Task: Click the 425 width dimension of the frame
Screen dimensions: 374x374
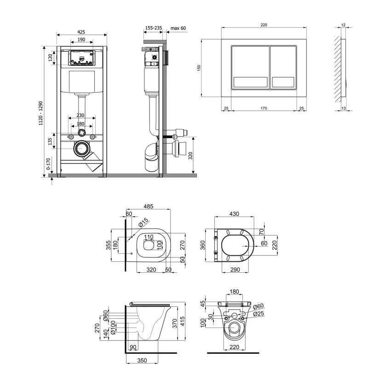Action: click(81, 32)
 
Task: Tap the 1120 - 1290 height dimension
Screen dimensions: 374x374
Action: click(41, 113)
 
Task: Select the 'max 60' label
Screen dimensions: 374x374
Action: click(178, 28)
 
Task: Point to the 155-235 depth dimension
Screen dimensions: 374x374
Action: click(154, 28)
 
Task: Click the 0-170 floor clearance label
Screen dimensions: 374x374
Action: click(48, 164)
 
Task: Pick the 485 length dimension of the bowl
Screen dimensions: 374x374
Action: click(149, 206)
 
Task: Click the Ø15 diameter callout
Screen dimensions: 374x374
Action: click(143, 222)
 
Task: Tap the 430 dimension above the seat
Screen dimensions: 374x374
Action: click(234, 214)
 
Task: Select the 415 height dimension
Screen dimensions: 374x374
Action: click(182, 322)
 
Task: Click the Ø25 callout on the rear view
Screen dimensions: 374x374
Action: click(259, 313)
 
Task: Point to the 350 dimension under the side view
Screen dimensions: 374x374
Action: click(142, 360)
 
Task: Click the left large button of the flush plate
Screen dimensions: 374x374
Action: click(250, 67)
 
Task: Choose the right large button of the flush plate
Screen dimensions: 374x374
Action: click(283, 67)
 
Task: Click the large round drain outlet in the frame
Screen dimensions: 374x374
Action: click(82, 149)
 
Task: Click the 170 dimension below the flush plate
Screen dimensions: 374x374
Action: click(264, 108)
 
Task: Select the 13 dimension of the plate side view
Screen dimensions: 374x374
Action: click(344, 108)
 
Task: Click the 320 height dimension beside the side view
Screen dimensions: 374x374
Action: click(190, 156)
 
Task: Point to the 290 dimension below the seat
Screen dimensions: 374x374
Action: click(235, 270)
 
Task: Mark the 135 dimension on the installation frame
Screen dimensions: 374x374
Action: click(50, 141)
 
